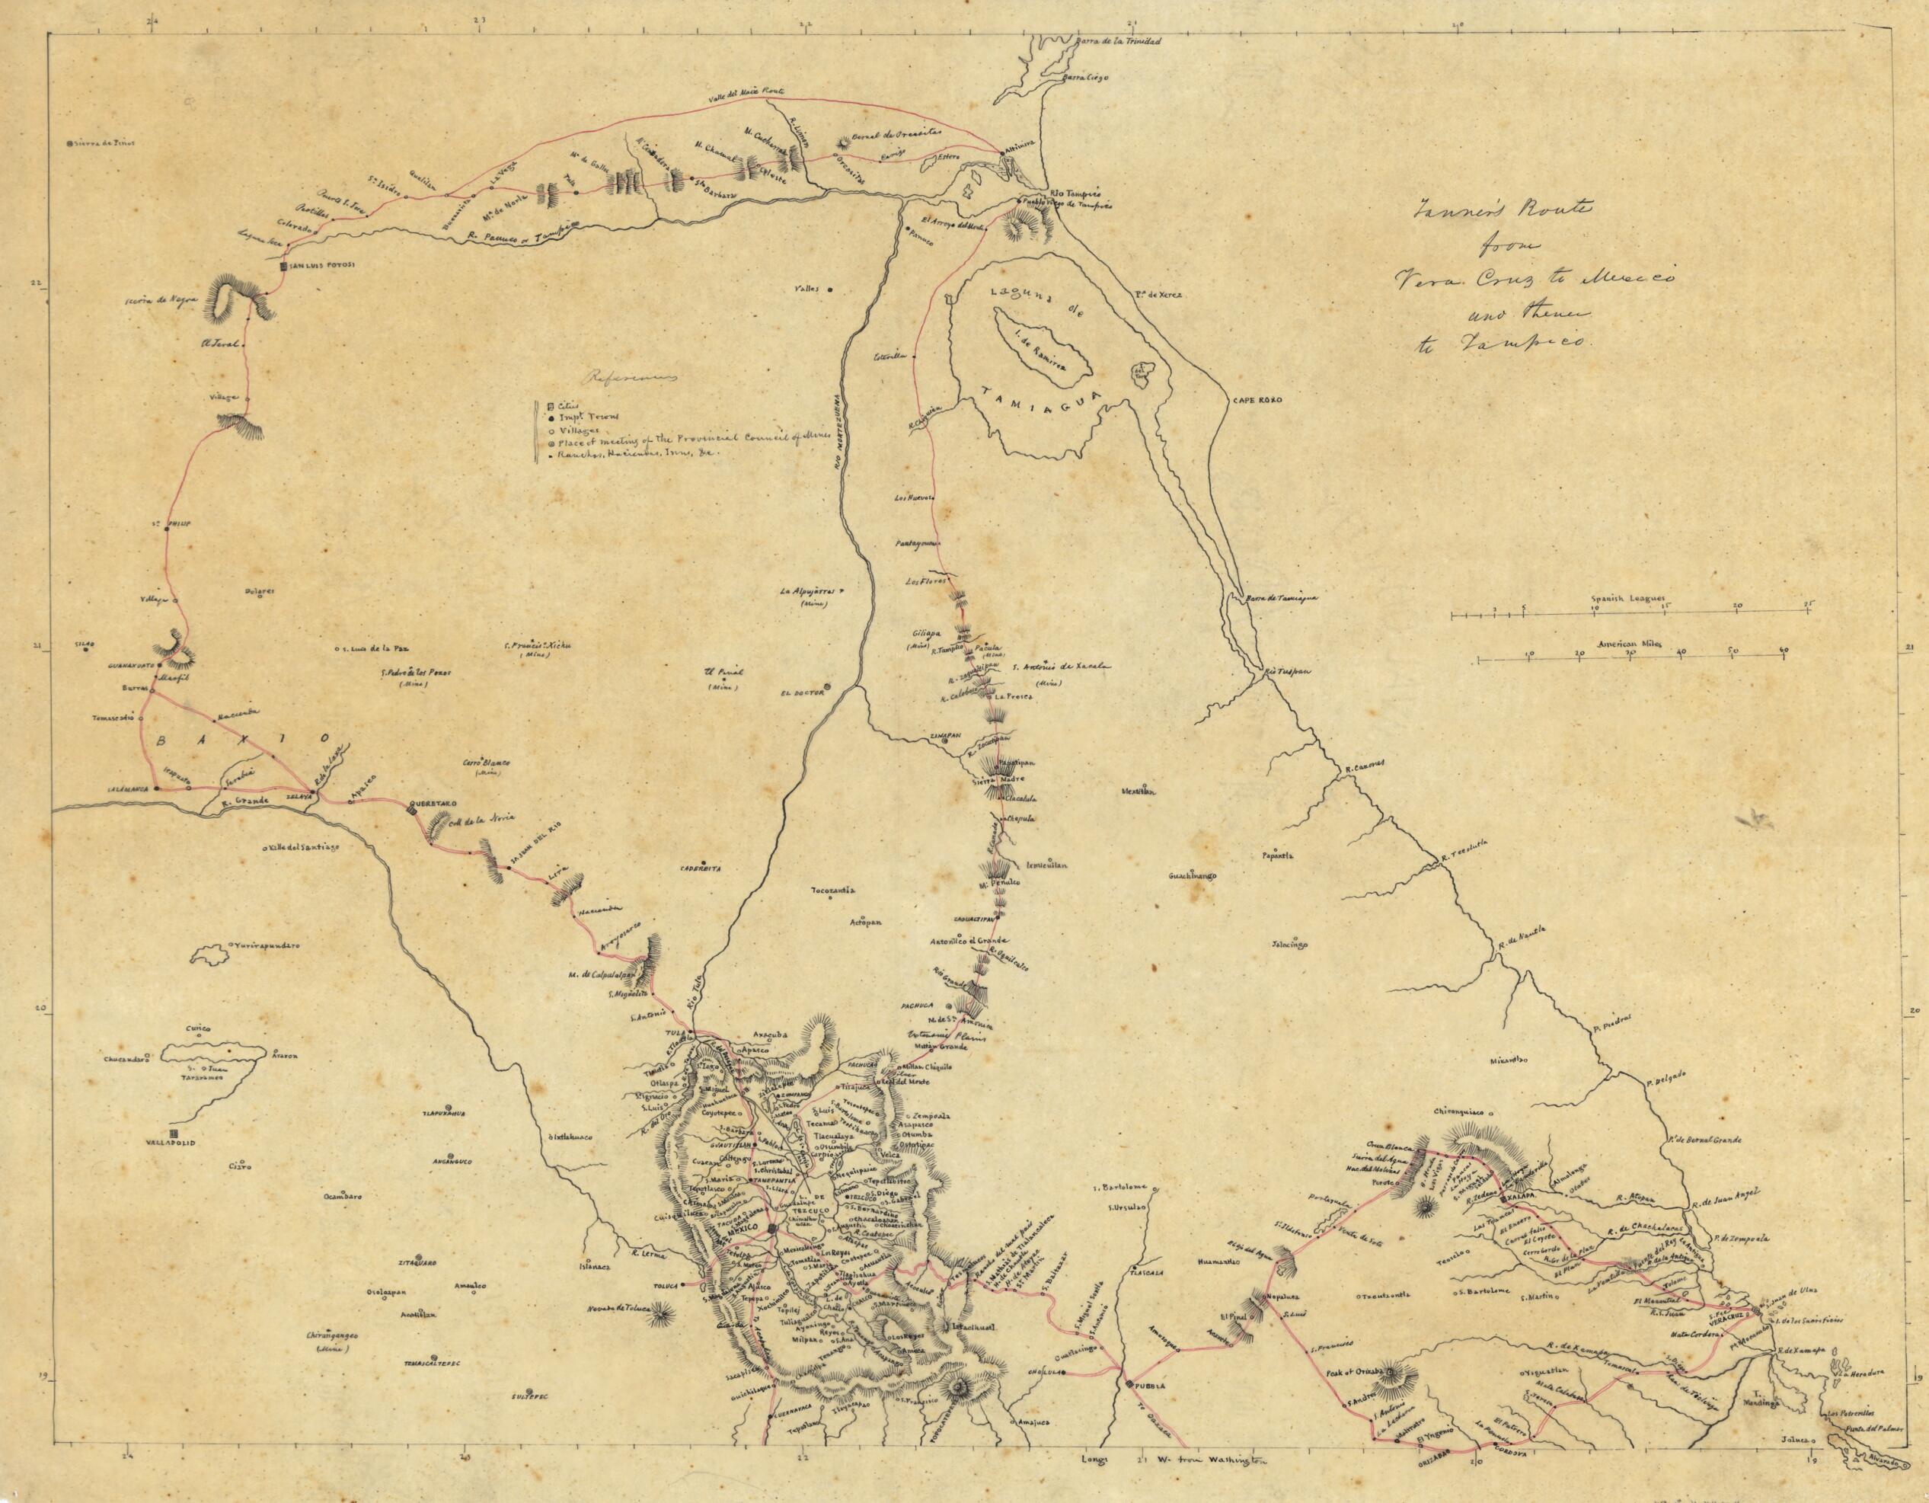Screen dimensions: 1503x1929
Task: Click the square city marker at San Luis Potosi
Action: click(x=283, y=266)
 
